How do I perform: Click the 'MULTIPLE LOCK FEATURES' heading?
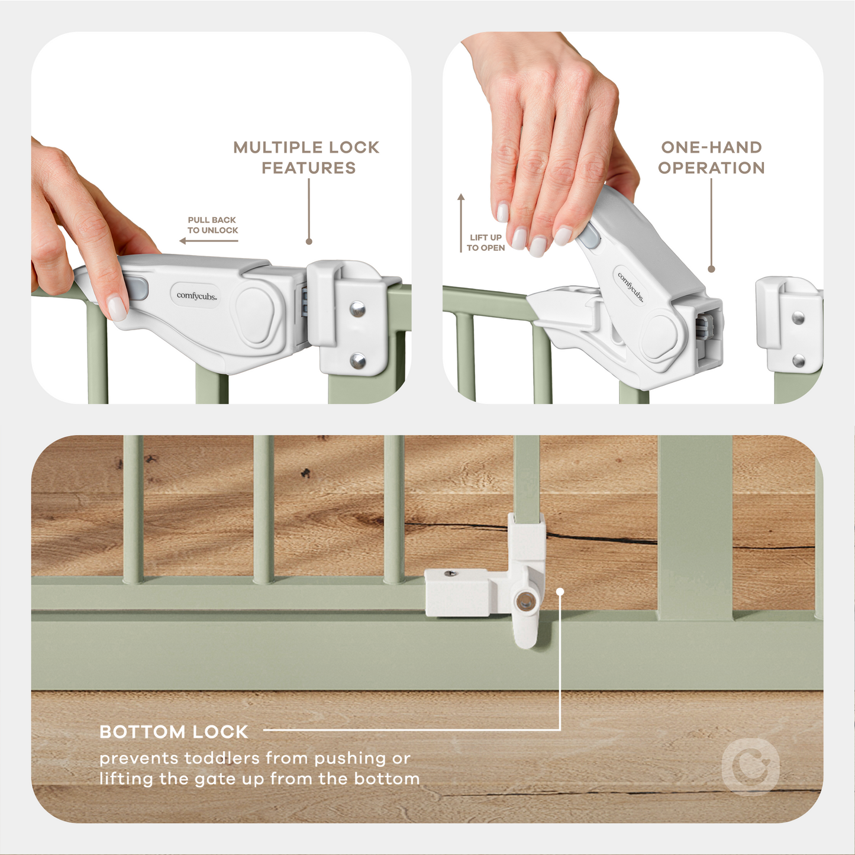306,157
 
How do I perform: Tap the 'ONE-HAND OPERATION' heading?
711,157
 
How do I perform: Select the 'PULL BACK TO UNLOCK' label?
212,225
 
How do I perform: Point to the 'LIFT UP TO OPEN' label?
486,243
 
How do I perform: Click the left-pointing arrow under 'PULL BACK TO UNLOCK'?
208,241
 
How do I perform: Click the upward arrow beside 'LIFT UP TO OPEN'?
461,222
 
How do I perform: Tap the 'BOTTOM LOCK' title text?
173,732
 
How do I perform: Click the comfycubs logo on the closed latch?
196,295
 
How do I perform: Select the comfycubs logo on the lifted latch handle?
631,287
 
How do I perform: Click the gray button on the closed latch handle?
137,289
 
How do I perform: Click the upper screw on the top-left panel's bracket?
357,309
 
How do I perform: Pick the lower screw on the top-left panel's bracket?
357,360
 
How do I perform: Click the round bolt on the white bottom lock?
524,602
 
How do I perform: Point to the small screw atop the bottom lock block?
453,573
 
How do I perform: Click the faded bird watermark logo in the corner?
751,767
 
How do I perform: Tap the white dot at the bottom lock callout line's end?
560,591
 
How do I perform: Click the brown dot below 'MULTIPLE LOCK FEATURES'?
309,241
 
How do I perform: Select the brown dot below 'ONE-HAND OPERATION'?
711,269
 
